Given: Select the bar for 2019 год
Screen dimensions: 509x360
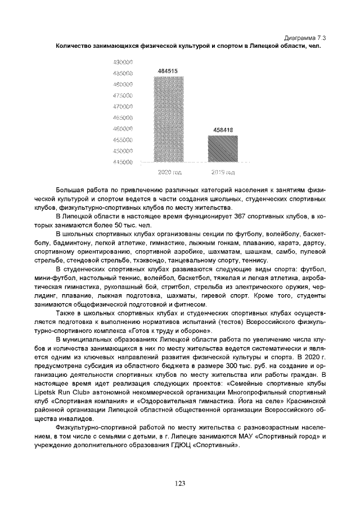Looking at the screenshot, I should [x=223, y=148].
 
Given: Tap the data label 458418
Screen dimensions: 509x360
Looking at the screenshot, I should [x=223, y=130].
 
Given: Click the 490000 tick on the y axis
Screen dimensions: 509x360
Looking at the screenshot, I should [x=122, y=62].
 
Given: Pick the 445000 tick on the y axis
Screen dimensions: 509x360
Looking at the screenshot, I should [x=122, y=162].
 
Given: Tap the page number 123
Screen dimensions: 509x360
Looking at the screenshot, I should [x=179, y=483].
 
